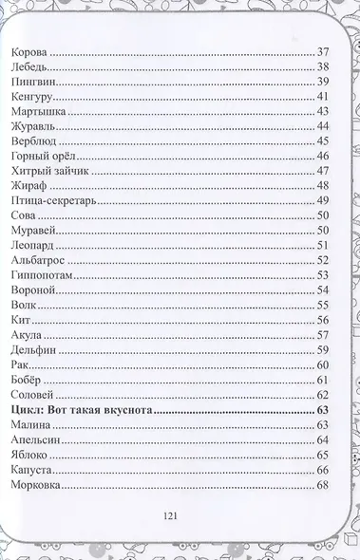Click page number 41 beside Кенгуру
pyautogui.click(x=322, y=97)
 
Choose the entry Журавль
pyautogui.click(x=32, y=127)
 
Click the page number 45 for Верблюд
pyautogui.click(x=322, y=140)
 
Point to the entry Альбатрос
pyautogui.click(x=35, y=259)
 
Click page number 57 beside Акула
pyautogui.click(x=322, y=334)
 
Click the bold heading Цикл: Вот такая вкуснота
pyautogui.click(x=79, y=409)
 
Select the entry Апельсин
pyautogui.click(x=34, y=439)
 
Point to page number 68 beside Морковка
pyautogui.click(x=322, y=485)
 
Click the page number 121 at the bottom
pyautogui.click(x=171, y=515)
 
